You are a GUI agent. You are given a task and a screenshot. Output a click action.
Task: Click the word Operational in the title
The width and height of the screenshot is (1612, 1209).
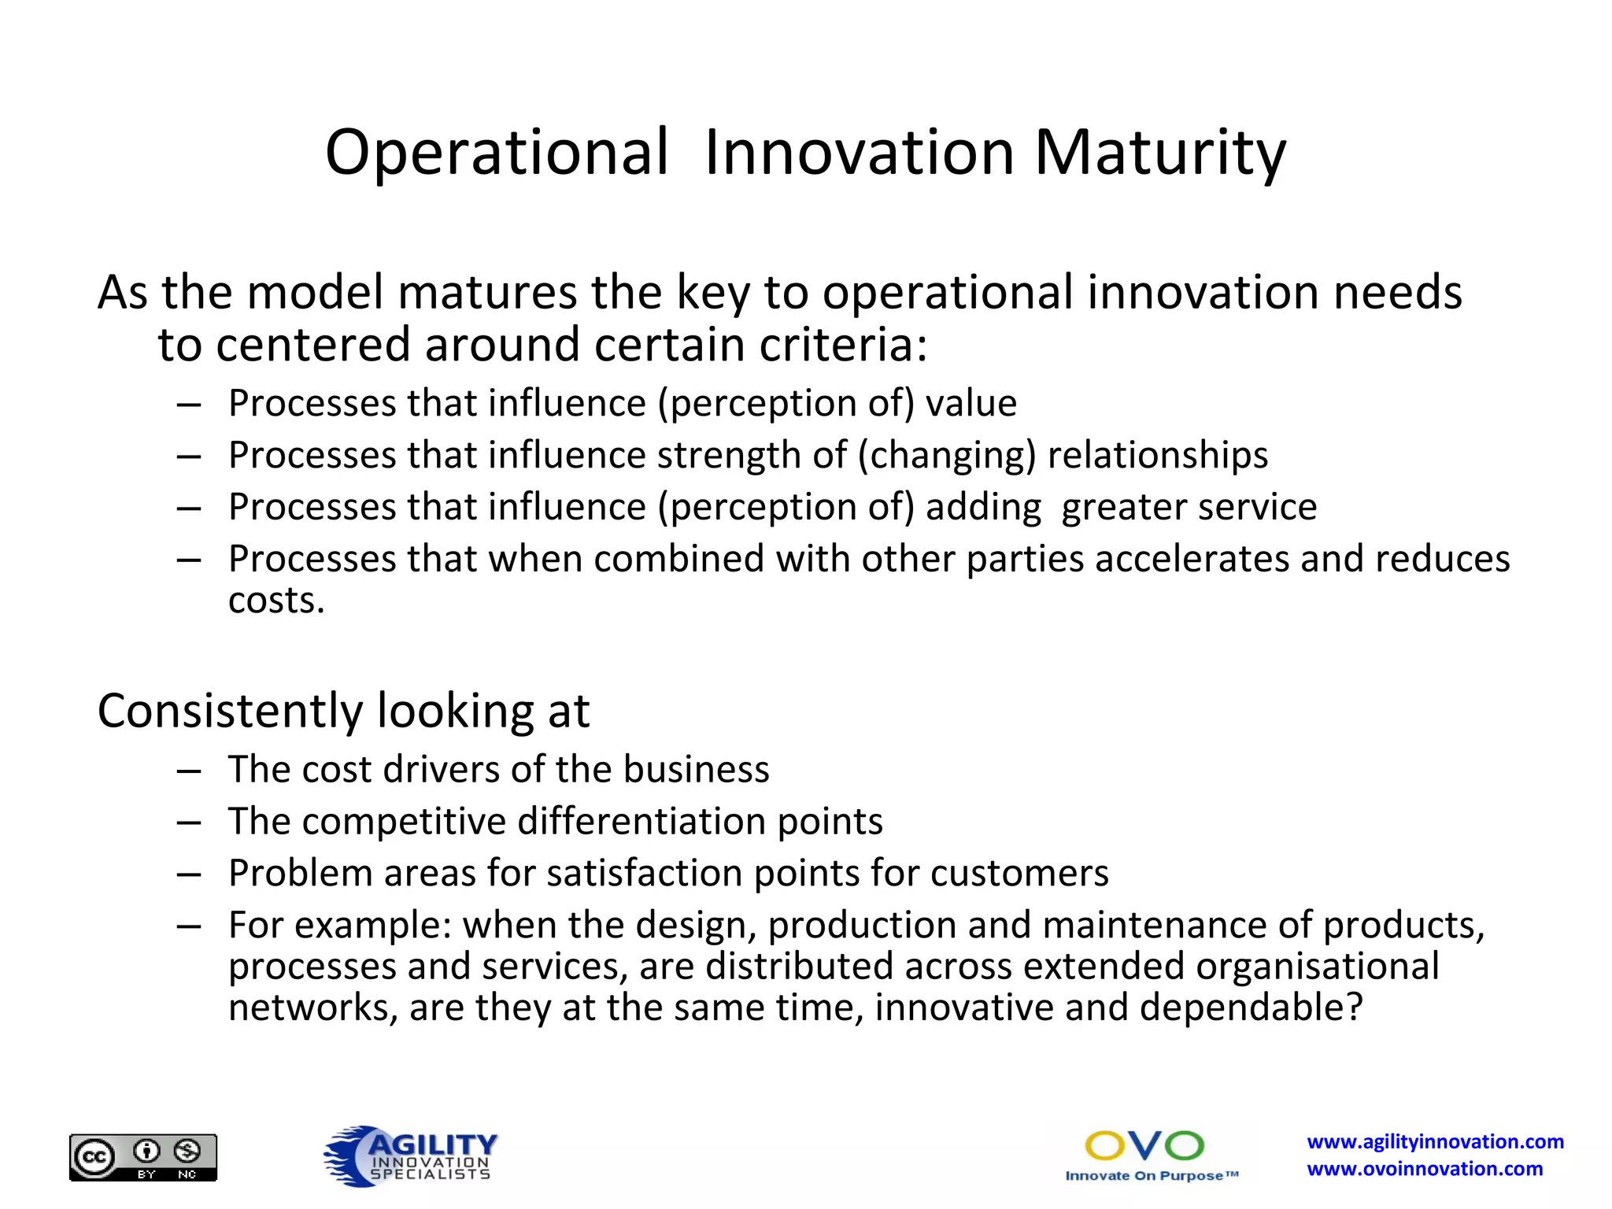497,153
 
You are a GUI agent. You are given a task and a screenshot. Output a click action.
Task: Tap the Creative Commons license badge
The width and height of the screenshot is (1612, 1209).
143,1157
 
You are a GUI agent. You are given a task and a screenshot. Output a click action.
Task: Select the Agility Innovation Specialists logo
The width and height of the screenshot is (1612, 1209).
412,1155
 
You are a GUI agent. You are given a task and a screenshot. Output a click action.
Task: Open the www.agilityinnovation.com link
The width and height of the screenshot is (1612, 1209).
1435,1141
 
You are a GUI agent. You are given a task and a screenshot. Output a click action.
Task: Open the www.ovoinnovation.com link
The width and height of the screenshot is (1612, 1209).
1425,1169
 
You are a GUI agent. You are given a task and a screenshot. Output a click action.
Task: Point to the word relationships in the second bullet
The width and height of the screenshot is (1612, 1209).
1157,455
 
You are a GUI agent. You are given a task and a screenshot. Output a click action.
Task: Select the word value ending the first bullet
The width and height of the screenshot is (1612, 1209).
971,403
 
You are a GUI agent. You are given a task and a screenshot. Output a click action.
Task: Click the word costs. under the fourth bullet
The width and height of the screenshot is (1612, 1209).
276,601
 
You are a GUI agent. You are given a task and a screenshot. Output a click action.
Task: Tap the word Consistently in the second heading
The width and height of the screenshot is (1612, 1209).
230,711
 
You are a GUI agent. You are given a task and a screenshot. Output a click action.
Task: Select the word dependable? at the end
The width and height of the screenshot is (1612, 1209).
1251,1007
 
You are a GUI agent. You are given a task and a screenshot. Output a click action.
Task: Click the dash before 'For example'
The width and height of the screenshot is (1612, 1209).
189,926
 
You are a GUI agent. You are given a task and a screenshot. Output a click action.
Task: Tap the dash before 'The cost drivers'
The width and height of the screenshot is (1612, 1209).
189,771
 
